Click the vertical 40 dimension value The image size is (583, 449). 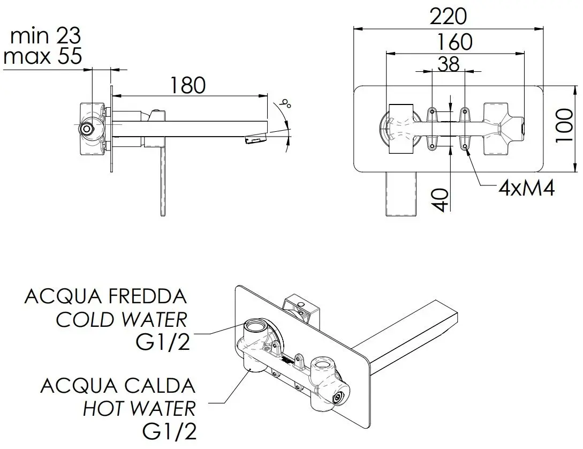(441, 199)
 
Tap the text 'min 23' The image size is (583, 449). (46, 36)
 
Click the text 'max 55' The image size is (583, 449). (43, 56)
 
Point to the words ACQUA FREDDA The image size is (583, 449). (105, 296)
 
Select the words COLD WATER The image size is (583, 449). (122, 320)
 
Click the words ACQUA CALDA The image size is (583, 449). (118, 385)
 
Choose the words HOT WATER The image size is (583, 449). (139, 409)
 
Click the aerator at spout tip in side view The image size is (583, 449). (255, 140)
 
